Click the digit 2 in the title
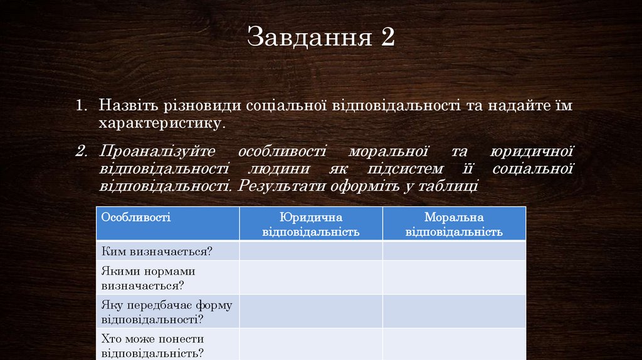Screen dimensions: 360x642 (x=386, y=37)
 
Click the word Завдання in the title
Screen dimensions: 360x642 (x=305, y=38)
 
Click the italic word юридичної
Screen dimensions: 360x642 (x=532, y=152)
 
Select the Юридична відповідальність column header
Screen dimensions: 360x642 (x=311, y=224)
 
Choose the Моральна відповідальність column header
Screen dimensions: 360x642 (x=454, y=224)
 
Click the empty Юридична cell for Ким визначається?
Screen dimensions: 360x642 (x=311, y=251)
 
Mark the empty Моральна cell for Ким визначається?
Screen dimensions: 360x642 (x=454, y=251)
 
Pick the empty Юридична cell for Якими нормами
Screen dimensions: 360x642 (x=311, y=278)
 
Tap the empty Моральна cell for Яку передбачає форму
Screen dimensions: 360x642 (x=454, y=312)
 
